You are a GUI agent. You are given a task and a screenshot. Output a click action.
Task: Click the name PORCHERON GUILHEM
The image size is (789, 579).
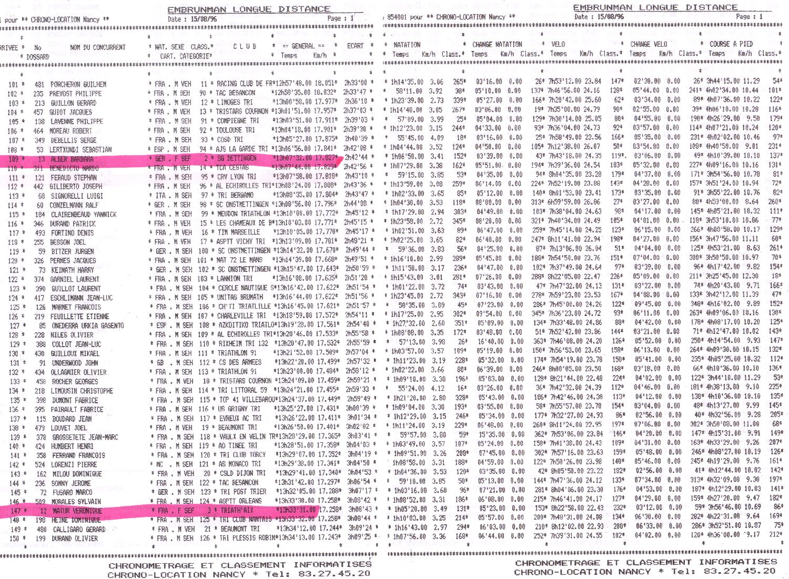tap(78, 84)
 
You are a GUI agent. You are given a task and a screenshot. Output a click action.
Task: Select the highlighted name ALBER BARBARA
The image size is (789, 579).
tap(72, 159)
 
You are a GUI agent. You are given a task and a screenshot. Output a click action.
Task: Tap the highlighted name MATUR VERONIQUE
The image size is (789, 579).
tap(77, 511)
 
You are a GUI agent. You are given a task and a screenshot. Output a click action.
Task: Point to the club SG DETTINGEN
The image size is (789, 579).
tap(237, 158)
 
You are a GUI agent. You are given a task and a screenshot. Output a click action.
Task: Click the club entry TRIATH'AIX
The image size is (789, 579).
tap(237, 510)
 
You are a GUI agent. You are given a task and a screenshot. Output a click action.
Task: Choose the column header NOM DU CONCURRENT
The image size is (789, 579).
tap(98, 47)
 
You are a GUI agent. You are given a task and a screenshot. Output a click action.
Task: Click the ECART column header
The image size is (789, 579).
tap(355, 46)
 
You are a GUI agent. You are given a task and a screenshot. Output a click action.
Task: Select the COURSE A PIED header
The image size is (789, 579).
tap(731, 44)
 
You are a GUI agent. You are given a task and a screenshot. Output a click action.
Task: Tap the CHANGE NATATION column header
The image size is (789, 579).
tap(497, 45)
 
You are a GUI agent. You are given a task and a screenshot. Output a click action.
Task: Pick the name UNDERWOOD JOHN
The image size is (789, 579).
tap(74, 362)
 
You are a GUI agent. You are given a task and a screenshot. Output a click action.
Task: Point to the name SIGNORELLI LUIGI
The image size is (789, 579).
tap(77, 196)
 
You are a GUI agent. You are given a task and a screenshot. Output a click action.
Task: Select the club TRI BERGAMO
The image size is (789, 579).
tap(235, 195)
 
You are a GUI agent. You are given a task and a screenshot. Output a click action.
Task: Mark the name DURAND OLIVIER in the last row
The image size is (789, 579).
tap(74, 539)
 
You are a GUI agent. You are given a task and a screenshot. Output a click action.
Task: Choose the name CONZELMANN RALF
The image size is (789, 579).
tap(74, 205)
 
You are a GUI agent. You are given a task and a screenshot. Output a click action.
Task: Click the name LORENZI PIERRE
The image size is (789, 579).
tap(73, 464)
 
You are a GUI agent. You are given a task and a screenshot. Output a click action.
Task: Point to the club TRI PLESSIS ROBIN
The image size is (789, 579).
tap(244, 538)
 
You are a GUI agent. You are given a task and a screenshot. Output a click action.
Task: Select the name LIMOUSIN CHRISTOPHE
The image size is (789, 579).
tap(82, 391)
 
